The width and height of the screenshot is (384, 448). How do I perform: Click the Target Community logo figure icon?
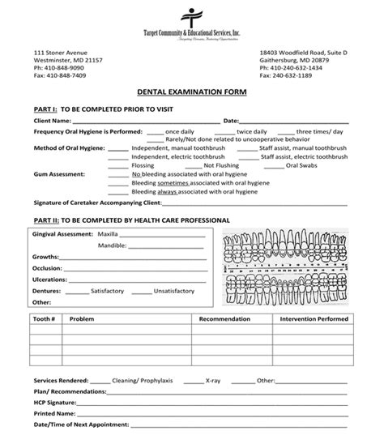point(192,17)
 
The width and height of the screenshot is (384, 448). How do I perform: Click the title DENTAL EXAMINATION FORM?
point(191,93)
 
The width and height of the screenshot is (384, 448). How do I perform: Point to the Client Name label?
point(55,121)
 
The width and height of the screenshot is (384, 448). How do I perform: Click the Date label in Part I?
point(231,121)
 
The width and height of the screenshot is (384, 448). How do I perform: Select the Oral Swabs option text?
point(308,165)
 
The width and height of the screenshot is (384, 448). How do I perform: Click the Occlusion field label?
point(49,267)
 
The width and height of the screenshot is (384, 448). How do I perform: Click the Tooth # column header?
point(45,319)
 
